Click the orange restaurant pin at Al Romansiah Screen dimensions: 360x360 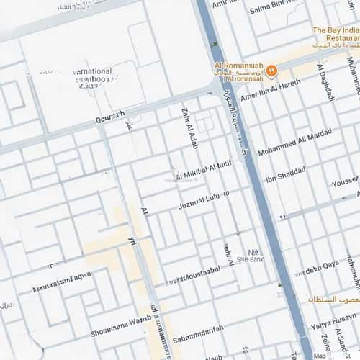tap(271, 71)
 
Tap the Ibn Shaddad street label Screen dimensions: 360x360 tap(285, 174)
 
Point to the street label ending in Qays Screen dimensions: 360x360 tap(317, 268)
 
